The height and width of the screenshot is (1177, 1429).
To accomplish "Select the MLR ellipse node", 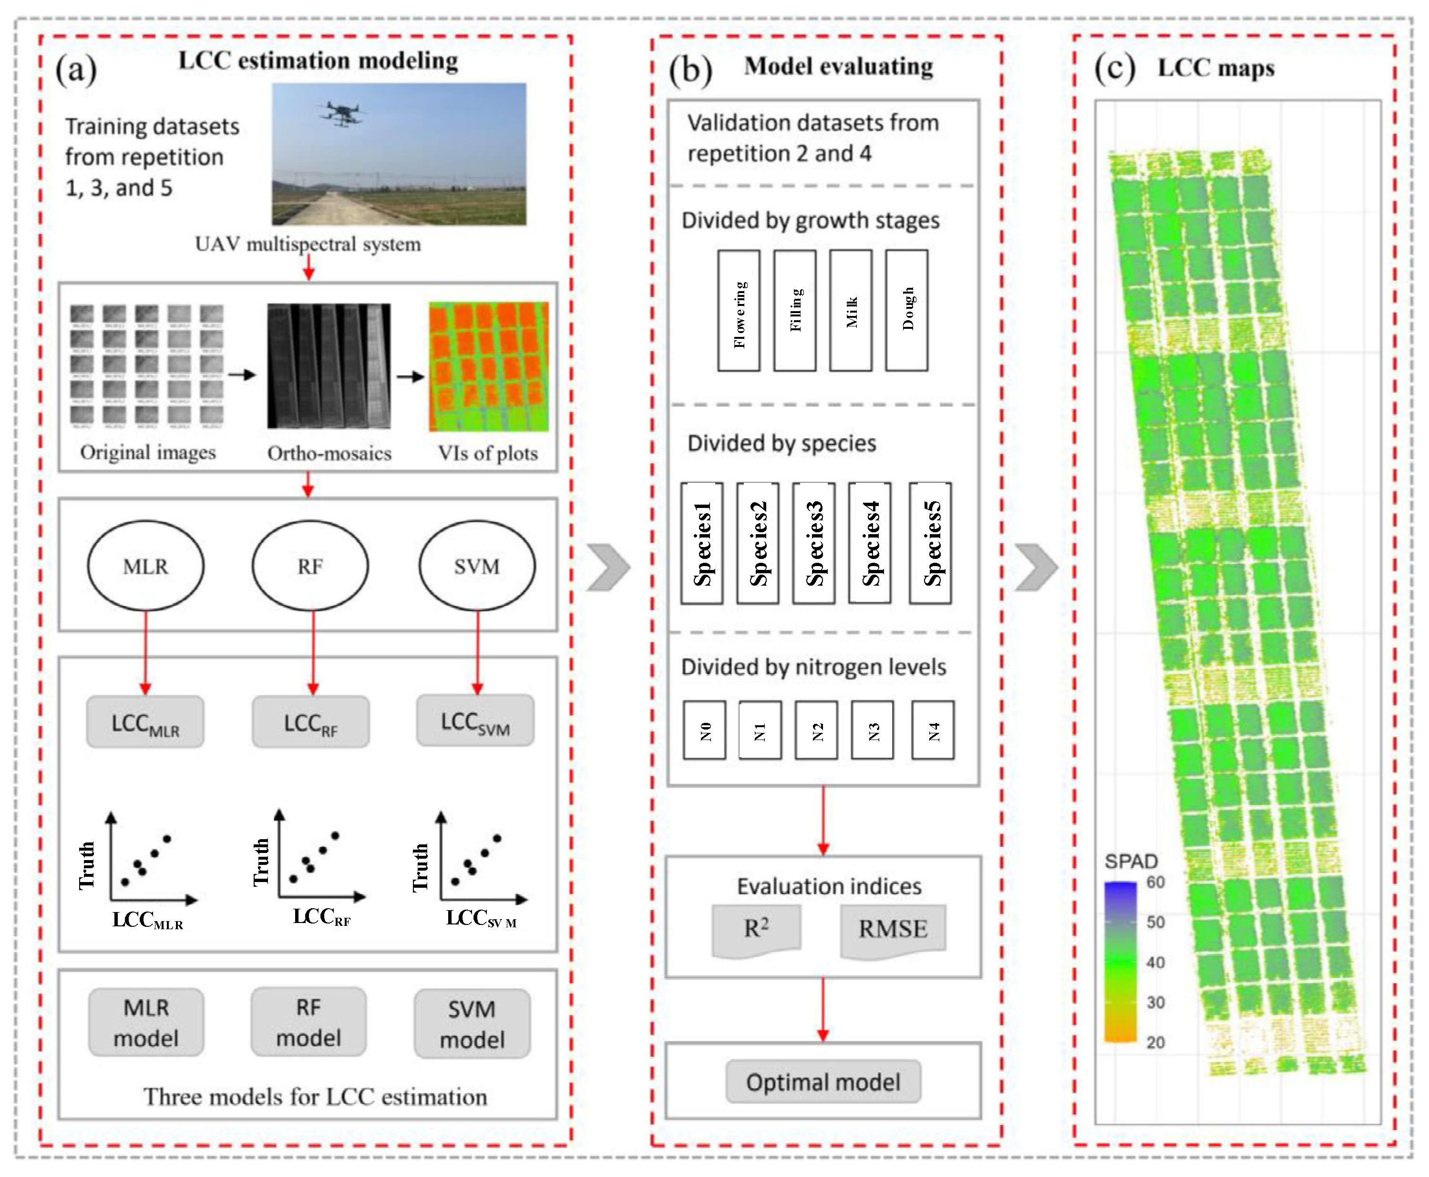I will pos(146,566).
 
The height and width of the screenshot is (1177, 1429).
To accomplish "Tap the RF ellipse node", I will pos(310,566).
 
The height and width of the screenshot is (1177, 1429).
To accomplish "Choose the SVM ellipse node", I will pos(477,566).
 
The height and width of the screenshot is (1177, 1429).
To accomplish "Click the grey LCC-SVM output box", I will pos(475,720).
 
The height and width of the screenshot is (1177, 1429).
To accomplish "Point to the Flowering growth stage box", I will pos(739,311).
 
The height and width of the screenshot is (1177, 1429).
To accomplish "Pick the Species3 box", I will pos(814,543).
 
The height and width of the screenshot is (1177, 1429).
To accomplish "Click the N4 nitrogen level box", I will pos(933,730).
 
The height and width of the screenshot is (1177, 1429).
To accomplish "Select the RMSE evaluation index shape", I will pos(893,930).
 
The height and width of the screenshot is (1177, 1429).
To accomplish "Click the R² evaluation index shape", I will pos(756,929).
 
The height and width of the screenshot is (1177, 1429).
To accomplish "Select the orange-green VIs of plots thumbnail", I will pos(488,367).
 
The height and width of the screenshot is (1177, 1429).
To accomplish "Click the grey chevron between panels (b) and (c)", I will pos(1036,567).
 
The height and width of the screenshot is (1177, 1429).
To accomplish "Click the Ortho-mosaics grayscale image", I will pos(329,366).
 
